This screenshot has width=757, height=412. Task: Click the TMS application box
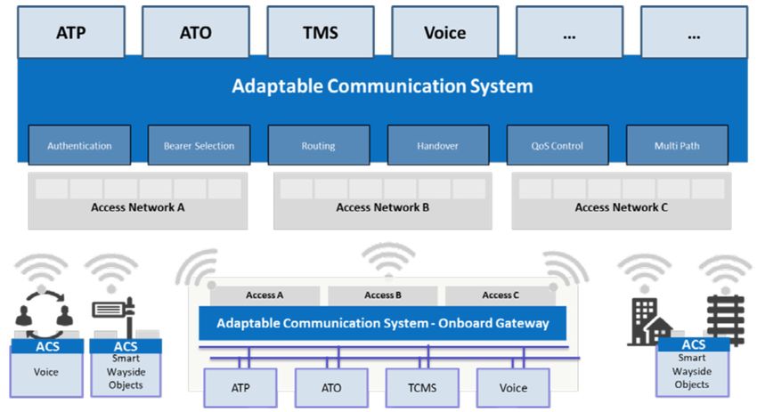pyautogui.click(x=321, y=32)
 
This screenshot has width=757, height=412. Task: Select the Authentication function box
pyautogui.click(x=79, y=145)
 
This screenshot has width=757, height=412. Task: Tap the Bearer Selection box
pyautogui.click(x=199, y=145)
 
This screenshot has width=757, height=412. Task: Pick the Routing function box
pyautogui.click(x=319, y=145)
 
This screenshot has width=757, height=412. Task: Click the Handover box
pyautogui.click(x=438, y=145)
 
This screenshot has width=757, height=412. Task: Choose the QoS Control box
pyautogui.click(x=558, y=145)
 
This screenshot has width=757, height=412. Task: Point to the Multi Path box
pyautogui.click(x=677, y=145)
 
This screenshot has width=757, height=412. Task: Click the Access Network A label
pyautogui.click(x=137, y=207)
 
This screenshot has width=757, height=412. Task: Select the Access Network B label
pyautogui.click(x=382, y=207)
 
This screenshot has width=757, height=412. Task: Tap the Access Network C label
pyautogui.click(x=622, y=207)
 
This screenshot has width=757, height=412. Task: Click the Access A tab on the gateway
pyautogui.click(x=265, y=295)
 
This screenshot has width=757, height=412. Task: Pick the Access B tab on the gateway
pyautogui.click(x=383, y=295)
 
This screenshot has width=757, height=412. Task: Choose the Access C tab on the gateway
pyautogui.click(x=501, y=295)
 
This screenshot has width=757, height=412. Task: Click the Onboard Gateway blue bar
pyautogui.click(x=382, y=323)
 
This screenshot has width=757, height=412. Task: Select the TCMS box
pyautogui.click(x=422, y=388)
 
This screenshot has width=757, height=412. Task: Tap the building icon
pyautogui.click(x=649, y=321)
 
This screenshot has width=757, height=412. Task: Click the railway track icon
pyautogui.click(x=725, y=319)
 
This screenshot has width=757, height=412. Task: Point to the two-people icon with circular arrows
pyautogui.click(x=44, y=315)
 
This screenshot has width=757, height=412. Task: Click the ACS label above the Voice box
pyautogui.click(x=47, y=346)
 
